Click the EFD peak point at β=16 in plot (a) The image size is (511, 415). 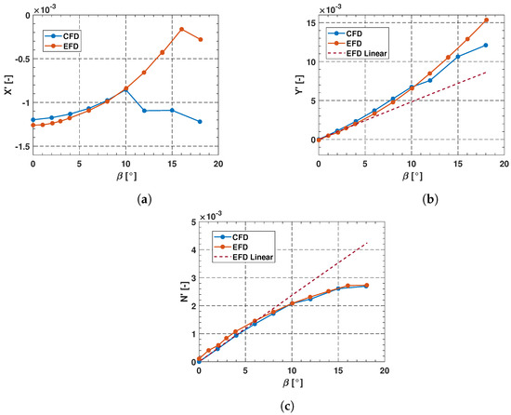181,29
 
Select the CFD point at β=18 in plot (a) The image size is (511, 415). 200,121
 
